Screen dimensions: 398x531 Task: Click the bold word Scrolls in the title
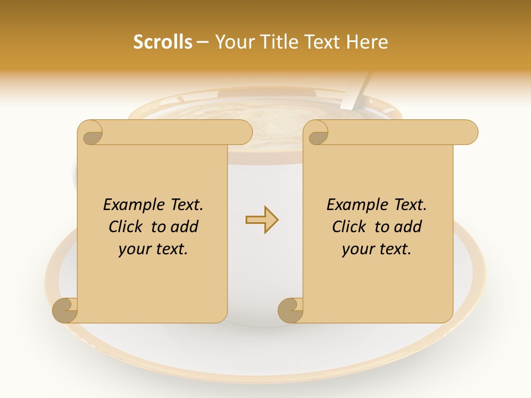coord(163,42)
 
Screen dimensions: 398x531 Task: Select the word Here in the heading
coord(367,42)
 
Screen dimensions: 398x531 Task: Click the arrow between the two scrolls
coord(262,220)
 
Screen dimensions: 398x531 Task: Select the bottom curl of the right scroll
coord(291,310)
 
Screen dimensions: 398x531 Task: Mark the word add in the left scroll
coord(185,227)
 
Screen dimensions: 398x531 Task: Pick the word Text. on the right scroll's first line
coord(410,205)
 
